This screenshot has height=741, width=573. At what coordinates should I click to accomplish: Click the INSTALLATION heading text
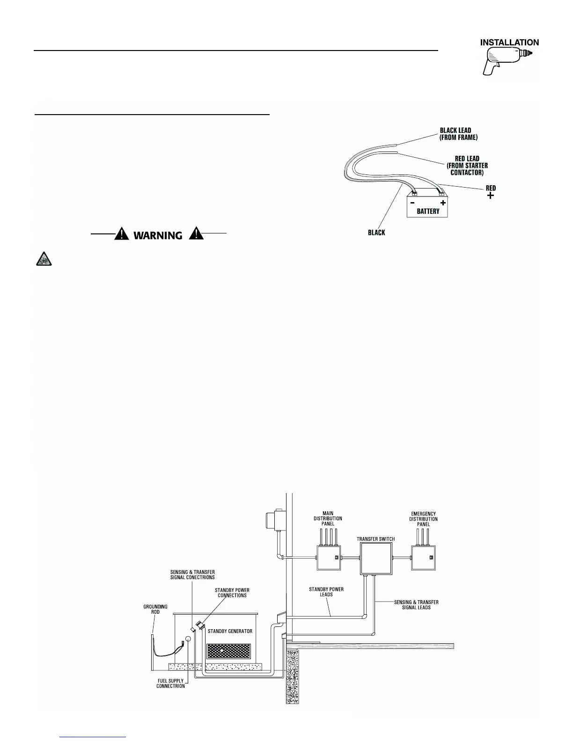(x=509, y=42)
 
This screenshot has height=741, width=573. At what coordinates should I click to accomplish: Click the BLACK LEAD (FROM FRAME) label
(x=458, y=134)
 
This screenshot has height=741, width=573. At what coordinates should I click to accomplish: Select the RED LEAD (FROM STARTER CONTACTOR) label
(x=467, y=166)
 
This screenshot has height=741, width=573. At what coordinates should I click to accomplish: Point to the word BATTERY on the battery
(x=428, y=211)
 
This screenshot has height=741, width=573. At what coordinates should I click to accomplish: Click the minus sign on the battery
(x=412, y=203)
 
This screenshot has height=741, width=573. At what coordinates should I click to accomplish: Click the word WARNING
(x=158, y=235)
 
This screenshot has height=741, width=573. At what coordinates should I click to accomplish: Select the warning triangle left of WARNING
(x=122, y=233)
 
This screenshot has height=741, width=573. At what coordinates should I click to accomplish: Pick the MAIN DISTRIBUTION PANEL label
(x=328, y=518)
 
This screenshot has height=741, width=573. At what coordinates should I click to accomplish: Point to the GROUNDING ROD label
(x=155, y=610)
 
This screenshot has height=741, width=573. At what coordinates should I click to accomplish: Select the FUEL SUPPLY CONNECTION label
(x=170, y=683)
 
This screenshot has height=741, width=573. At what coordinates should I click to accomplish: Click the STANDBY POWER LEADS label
(x=326, y=592)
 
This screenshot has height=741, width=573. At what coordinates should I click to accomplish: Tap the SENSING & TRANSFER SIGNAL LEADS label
(x=416, y=605)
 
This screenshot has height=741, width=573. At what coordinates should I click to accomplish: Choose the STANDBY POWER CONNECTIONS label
(x=232, y=593)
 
